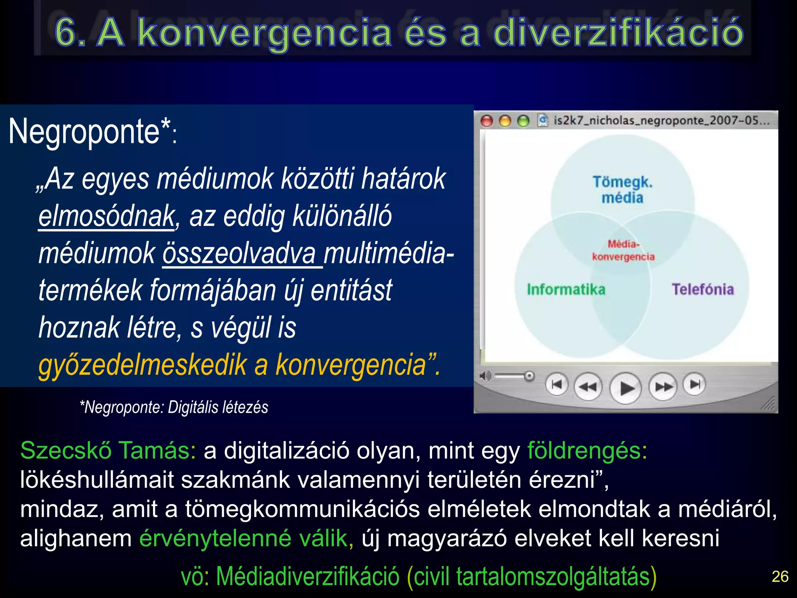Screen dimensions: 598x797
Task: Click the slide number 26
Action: click(x=780, y=577)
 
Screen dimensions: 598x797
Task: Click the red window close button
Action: click(x=486, y=121)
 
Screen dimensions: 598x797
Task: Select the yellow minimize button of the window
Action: click(x=505, y=121)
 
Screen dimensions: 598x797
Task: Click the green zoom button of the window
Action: click(x=523, y=121)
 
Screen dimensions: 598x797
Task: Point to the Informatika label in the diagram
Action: click(x=566, y=289)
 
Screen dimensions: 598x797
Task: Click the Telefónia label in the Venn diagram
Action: click(x=702, y=289)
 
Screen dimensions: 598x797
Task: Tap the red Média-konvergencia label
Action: click(x=623, y=250)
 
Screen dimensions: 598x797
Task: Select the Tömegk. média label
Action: click(x=622, y=190)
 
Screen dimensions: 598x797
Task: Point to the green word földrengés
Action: click(x=587, y=451)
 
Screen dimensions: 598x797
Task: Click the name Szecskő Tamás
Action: click(x=108, y=451)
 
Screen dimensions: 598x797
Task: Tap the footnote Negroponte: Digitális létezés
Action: click(x=174, y=407)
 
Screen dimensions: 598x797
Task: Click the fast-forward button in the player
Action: click(x=663, y=386)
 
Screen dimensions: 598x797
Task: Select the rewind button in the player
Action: click(x=588, y=386)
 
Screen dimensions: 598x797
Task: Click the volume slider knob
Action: click(x=529, y=376)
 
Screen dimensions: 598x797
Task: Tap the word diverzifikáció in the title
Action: click(x=618, y=33)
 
